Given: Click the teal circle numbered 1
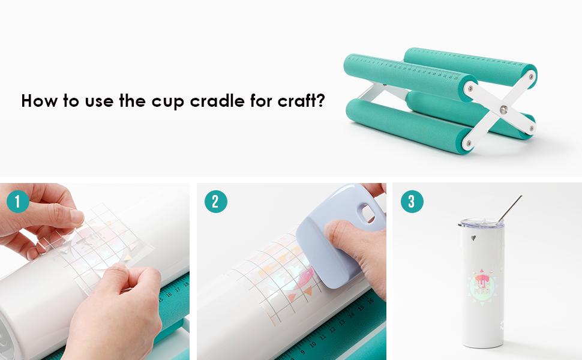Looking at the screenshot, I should tap(18, 202).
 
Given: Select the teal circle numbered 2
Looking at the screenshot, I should tap(215, 202).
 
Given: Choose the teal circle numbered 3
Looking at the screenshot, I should tap(412, 202).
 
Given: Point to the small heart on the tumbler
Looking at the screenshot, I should tap(473, 238).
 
